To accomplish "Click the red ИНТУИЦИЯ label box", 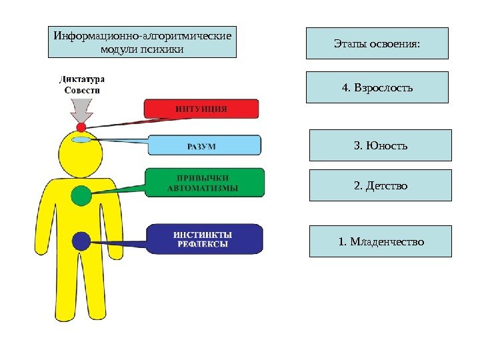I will (x=201, y=109).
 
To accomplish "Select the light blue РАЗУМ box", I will (x=204, y=145).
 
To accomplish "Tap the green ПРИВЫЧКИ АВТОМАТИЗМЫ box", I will (x=205, y=182).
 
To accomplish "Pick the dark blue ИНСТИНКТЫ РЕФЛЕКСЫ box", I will (x=204, y=239).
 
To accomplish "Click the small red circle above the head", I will (x=81, y=126).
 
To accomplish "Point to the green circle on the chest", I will (x=81, y=195).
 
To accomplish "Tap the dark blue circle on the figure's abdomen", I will (x=81, y=240).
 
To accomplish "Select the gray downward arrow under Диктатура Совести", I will (x=81, y=107).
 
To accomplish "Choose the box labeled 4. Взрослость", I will (x=377, y=88).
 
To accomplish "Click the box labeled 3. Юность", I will (x=381, y=145).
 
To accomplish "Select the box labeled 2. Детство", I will (x=381, y=185).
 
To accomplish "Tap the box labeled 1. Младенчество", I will (x=381, y=241).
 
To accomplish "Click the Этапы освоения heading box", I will (x=377, y=43).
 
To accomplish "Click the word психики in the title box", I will (x=161, y=49).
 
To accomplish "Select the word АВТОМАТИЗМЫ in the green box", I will (x=202, y=188).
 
